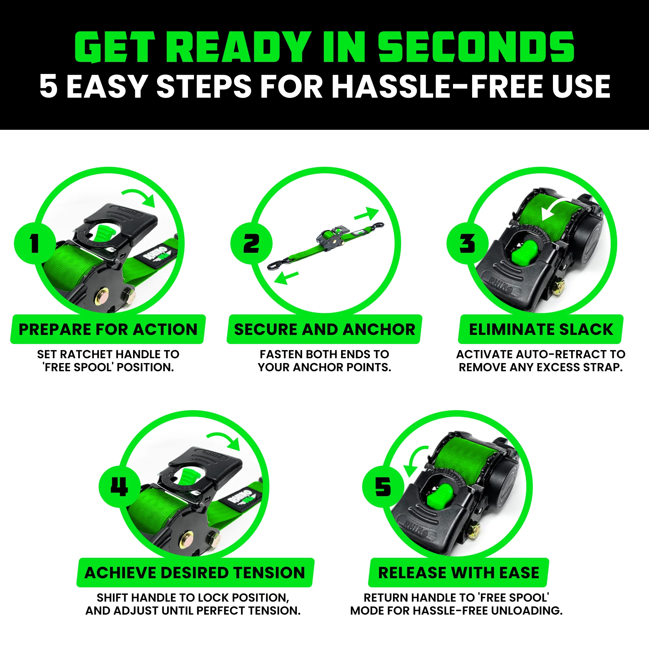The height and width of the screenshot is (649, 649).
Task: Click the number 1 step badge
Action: (x=35, y=243)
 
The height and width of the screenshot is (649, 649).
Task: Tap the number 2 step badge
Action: (x=251, y=243)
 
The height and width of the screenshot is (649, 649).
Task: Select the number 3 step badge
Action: (x=467, y=243)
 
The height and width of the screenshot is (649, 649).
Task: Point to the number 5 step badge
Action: (x=383, y=487)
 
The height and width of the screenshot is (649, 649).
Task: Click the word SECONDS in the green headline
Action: (x=476, y=47)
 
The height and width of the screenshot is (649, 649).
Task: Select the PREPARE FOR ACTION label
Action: (x=108, y=329)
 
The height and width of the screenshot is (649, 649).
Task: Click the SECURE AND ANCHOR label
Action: (x=324, y=329)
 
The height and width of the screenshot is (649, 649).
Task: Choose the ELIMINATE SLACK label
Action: (x=541, y=329)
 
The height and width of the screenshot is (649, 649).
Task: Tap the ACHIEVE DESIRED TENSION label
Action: (x=195, y=573)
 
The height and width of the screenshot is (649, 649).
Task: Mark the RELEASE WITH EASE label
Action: (x=459, y=573)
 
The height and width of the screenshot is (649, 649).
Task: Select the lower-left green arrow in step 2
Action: (x=286, y=277)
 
